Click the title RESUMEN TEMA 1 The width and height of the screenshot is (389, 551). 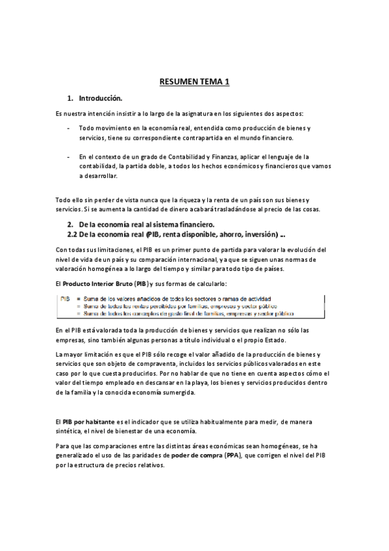click(x=194, y=82)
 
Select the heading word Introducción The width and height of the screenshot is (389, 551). click(x=101, y=99)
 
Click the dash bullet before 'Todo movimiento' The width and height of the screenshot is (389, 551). click(x=69, y=129)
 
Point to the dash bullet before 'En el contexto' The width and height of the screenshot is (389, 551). click(x=69, y=157)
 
